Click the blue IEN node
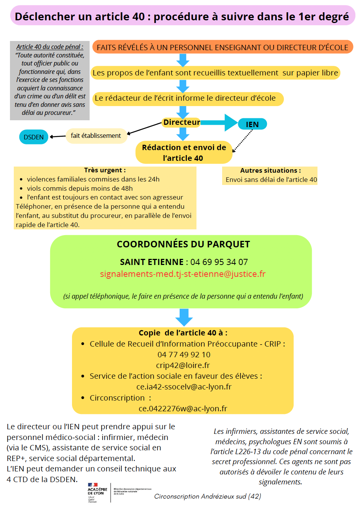[x=252, y=124]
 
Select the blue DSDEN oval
[x=34, y=137]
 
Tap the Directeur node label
[x=182, y=122]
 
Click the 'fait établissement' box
[x=96, y=136]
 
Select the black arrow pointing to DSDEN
[x=57, y=136]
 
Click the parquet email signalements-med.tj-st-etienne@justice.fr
[x=183, y=274]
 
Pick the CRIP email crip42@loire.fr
[x=183, y=365]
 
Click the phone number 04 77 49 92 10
[x=184, y=355]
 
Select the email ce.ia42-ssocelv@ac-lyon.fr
[x=184, y=387]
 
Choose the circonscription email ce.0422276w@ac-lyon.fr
[x=183, y=409]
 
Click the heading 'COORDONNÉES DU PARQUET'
[x=183, y=244]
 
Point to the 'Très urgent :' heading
[x=105, y=170]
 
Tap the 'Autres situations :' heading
[x=270, y=170]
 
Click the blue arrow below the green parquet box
[x=184, y=317]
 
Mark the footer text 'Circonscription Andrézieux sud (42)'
[x=208, y=496]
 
